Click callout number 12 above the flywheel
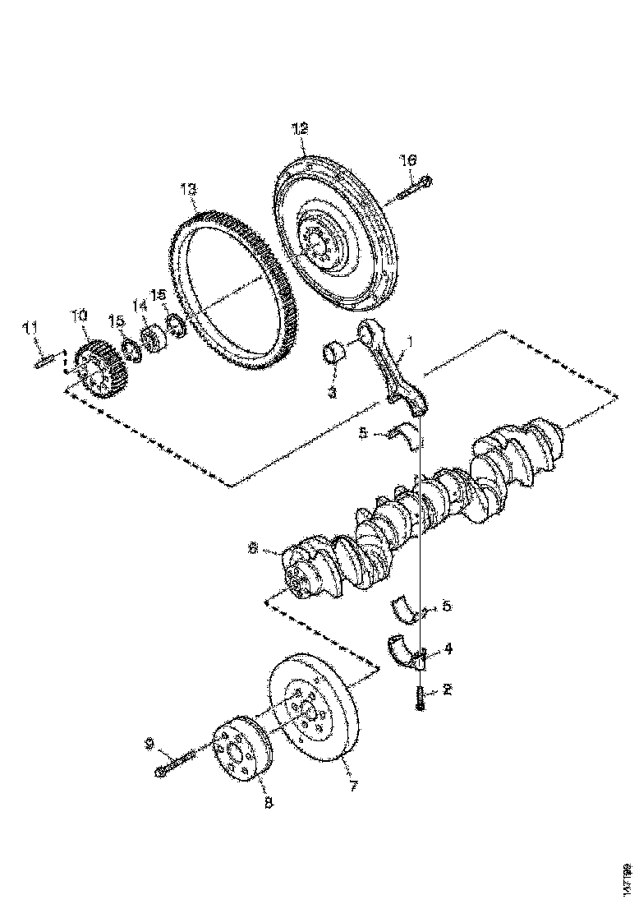pos(299,128)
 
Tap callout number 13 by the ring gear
pos(188,190)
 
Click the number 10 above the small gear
pos(78,315)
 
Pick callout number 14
pos(140,306)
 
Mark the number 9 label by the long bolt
pos(149,744)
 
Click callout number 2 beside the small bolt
pos(446,690)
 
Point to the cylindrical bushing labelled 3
pos(333,354)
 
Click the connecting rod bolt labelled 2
pos(421,698)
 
